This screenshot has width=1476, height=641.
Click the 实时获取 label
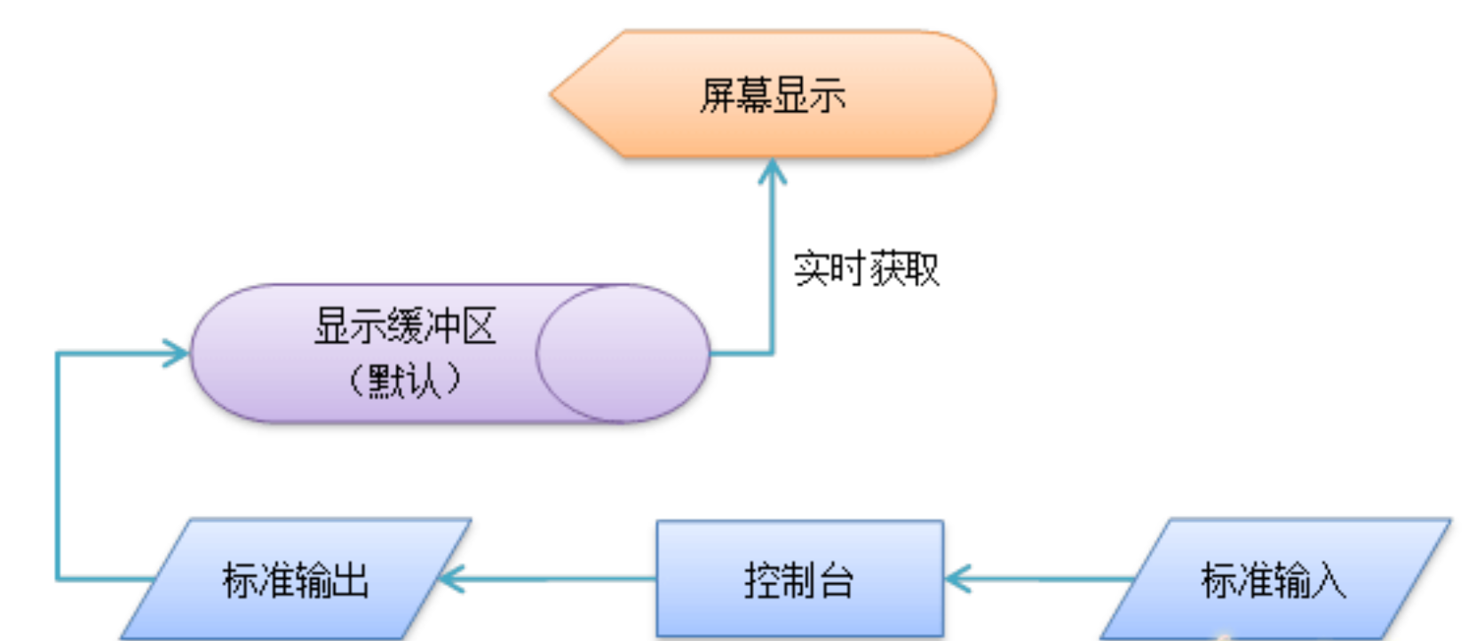[866, 269]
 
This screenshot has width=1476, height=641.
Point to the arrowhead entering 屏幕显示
[773, 170]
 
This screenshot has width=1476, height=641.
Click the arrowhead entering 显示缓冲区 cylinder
[176, 353]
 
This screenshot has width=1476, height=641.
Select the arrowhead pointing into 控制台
[957, 580]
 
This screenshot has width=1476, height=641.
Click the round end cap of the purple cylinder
[622, 353]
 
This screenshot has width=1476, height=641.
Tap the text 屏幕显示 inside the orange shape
[773, 95]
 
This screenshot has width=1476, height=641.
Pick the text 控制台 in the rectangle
[799, 582]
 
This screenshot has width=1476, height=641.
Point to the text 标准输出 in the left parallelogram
[295, 582]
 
